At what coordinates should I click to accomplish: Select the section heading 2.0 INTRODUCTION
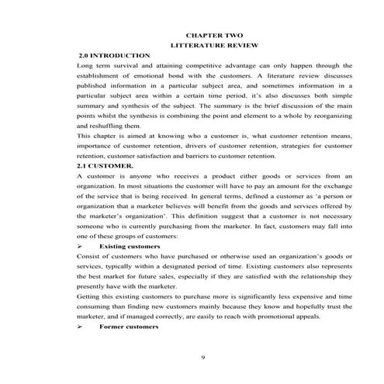pyautogui.click(x=115, y=57)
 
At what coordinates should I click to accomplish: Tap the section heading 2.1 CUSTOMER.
pyautogui.click(x=106, y=166)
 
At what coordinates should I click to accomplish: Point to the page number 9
pyautogui.click(x=202, y=356)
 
